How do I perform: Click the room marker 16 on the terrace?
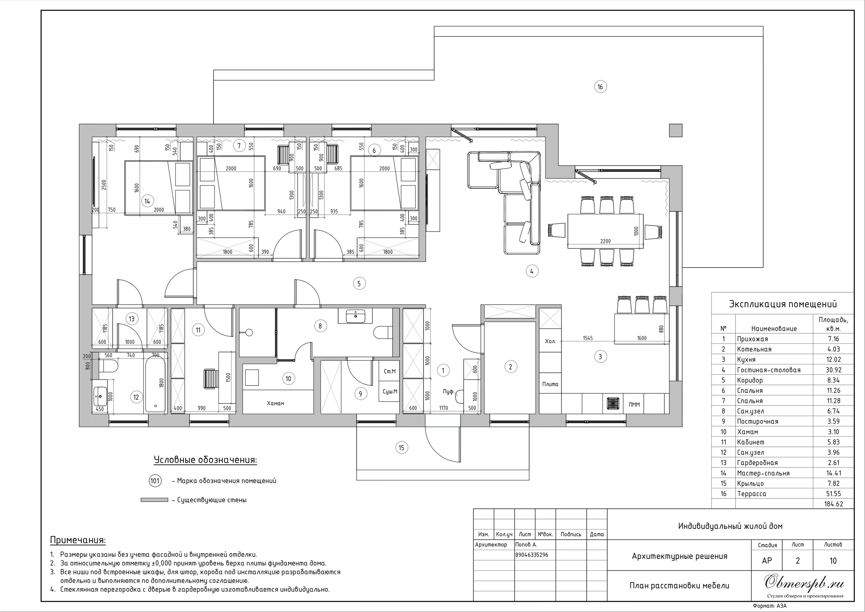(600, 87)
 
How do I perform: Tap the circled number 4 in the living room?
(532, 271)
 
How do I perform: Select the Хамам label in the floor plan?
(275, 403)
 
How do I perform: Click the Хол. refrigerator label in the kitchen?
(550, 341)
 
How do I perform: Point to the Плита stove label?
(550, 384)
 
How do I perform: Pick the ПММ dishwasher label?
(635, 405)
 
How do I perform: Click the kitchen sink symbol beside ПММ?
(613, 403)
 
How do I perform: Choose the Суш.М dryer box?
(389, 392)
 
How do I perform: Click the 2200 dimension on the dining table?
(605, 241)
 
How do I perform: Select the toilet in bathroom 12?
(108, 366)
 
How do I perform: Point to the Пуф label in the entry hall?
(448, 392)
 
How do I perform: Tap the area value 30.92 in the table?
(833, 370)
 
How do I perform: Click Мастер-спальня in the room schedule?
(763, 473)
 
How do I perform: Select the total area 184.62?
(833, 504)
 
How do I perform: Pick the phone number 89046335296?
(532, 555)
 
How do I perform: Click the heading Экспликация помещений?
(783, 304)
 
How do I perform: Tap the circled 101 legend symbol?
(155, 481)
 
